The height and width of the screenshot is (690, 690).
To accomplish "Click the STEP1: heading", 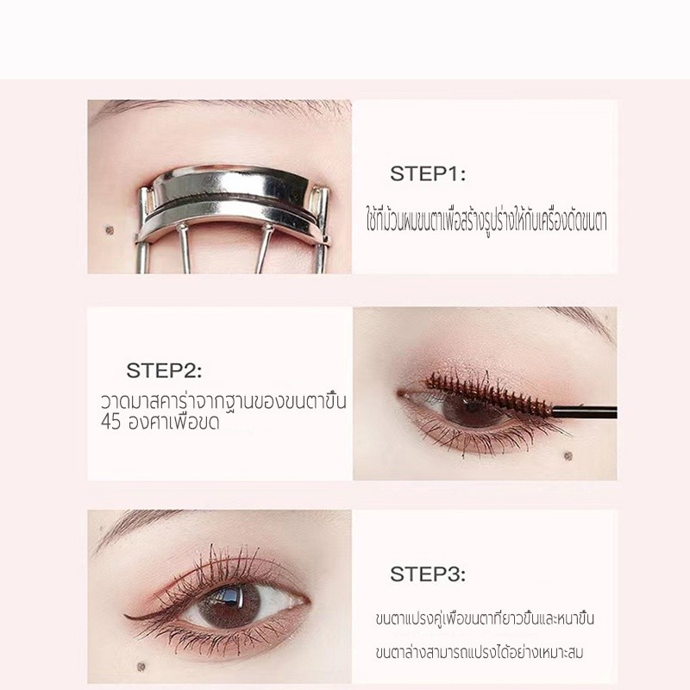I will pyautogui.click(x=428, y=174).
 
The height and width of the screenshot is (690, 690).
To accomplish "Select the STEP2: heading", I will pyautogui.click(x=164, y=372).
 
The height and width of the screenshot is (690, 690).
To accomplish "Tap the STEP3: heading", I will pyautogui.click(x=428, y=574).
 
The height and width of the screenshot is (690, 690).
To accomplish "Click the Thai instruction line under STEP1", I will pyautogui.click(x=486, y=218).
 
